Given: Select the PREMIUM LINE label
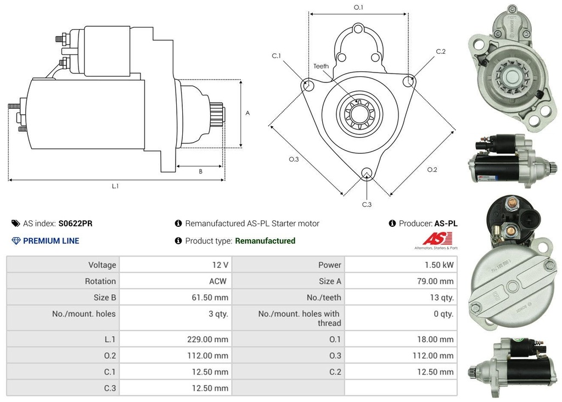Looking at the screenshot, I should pyautogui.click(x=50, y=241).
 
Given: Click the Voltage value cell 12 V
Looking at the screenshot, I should pyautogui.click(x=220, y=265).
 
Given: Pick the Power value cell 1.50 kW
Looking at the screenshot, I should pyautogui.click(x=440, y=265).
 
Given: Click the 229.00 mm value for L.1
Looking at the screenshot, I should pyautogui.click(x=207, y=339).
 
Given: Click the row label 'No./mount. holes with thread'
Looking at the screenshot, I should pyautogui.click(x=299, y=319).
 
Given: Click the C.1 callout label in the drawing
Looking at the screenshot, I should pyautogui.click(x=276, y=55).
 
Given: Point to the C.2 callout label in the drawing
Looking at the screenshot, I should pyautogui.click(x=441, y=52).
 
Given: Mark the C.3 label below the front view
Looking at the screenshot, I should pyautogui.click(x=367, y=204).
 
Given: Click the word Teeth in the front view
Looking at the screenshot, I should pyautogui.click(x=321, y=66).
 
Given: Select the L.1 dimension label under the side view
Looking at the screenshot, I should pyautogui.click(x=115, y=186).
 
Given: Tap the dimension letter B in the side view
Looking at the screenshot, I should pyautogui.click(x=200, y=171).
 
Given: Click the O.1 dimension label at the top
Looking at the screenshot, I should pyautogui.click(x=358, y=7).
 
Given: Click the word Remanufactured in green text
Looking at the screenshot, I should pyautogui.click(x=265, y=241).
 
